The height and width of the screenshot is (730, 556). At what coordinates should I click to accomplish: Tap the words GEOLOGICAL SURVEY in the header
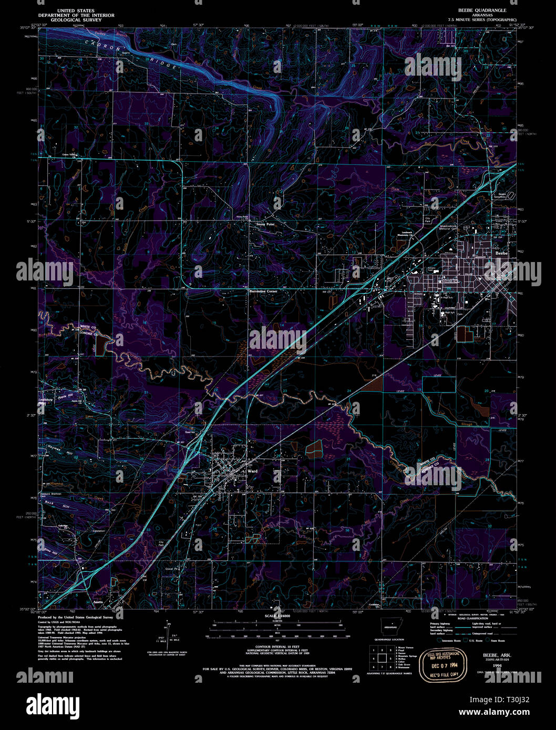(76, 20)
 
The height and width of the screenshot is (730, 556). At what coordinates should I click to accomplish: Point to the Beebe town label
(501, 253)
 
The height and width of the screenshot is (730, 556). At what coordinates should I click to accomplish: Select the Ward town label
(252, 472)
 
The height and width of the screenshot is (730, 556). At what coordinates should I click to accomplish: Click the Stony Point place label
(265, 224)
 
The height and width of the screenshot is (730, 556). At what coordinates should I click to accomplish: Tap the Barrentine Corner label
(263, 290)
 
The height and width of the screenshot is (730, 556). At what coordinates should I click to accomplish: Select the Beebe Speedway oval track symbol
(512, 195)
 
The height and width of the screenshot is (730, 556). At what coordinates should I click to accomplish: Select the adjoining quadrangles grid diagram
(382, 657)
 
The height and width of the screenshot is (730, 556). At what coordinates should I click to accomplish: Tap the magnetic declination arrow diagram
(168, 632)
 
